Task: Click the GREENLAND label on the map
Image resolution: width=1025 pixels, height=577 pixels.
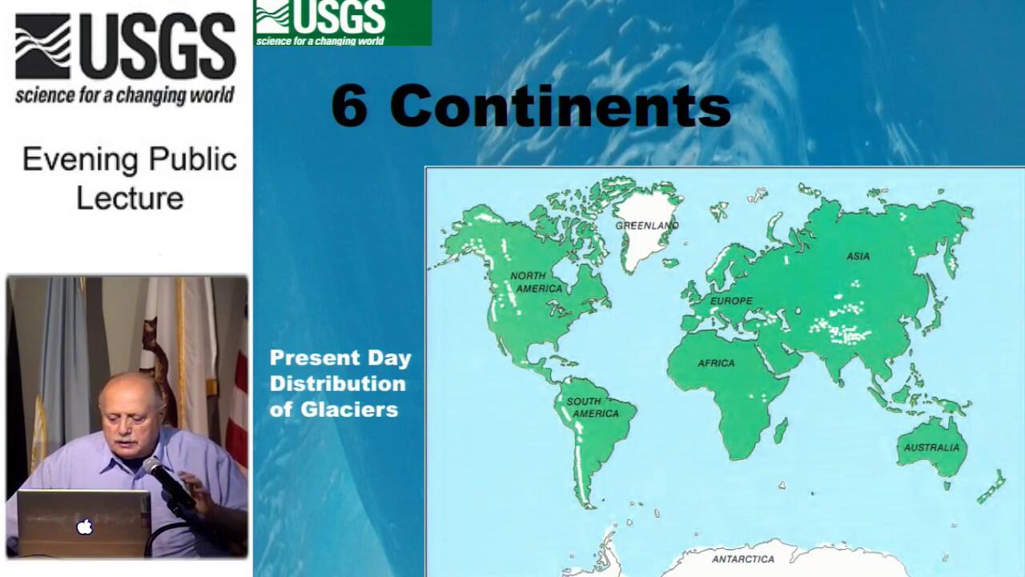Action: click(647, 225)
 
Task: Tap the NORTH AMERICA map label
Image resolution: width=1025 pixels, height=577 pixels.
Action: click(536, 281)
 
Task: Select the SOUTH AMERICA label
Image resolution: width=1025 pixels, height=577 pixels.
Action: click(592, 407)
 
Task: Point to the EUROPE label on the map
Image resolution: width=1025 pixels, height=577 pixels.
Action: click(731, 301)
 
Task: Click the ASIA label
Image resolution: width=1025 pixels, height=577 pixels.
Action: click(858, 256)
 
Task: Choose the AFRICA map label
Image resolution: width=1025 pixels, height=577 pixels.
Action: click(716, 363)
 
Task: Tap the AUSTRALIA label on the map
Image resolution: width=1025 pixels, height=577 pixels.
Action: click(931, 447)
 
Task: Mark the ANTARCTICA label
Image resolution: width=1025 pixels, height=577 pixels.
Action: click(743, 559)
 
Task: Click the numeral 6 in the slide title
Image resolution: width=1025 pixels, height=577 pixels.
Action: click(350, 106)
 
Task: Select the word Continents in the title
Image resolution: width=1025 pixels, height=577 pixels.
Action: click(561, 106)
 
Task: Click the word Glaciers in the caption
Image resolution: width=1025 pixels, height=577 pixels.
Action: click(349, 410)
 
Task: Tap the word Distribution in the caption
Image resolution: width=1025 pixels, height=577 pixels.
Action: click(338, 384)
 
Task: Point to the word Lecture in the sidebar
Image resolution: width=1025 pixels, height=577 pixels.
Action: click(130, 198)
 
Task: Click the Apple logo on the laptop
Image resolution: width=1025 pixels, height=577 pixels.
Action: click(85, 527)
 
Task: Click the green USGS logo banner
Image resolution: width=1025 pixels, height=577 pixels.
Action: click(342, 22)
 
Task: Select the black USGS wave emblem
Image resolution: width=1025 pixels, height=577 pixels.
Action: click(43, 46)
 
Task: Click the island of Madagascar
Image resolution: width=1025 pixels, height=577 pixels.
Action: click(781, 430)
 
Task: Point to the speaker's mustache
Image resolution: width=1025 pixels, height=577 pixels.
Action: click(127, 442)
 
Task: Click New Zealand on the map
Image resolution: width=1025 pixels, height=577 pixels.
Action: click(991, 487)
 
